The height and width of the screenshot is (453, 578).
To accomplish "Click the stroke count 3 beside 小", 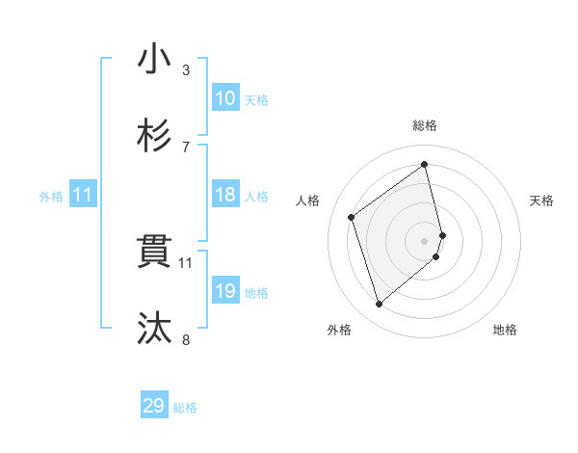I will point(185,69).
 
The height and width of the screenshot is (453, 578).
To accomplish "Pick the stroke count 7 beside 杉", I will point(185,147).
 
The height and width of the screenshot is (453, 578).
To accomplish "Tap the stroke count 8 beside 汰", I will point(185,339).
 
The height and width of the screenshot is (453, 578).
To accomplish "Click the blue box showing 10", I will point(225,98).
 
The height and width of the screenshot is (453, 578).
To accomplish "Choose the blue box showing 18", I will point(225,196).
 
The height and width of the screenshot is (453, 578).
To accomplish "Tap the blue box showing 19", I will point(225,291).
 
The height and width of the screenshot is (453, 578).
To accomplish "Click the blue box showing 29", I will point(154,406).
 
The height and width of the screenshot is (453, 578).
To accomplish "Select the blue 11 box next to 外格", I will point(83,196).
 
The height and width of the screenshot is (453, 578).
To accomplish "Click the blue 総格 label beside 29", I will point(186,408).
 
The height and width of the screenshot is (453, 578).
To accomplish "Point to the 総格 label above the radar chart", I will point(425,126).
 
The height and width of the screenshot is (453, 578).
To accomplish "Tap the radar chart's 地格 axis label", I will point(505,331).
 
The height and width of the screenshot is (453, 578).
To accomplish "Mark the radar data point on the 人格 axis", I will point(352,217).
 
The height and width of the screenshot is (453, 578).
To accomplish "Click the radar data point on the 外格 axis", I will point(379,305).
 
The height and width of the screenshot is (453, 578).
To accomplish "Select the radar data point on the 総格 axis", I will point(425,164).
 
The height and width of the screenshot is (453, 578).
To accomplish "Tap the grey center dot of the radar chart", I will point(425,240).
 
